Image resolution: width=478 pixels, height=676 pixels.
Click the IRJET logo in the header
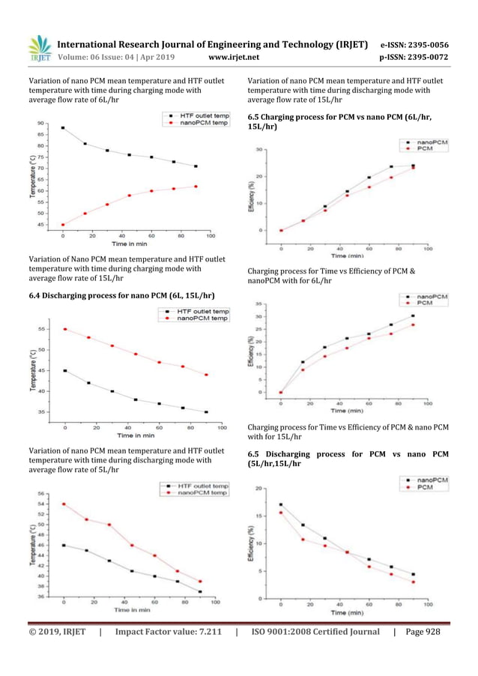coord(39,47)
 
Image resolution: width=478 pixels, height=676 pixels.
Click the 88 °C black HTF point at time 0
coord(63,128)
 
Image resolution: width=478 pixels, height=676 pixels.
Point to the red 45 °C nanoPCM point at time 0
coord(63,225)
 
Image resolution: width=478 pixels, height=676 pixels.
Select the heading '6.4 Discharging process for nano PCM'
coord(121,295)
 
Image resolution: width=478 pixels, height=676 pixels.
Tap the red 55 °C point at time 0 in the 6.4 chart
coord(65,329)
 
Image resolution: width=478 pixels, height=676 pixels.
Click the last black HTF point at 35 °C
coord(206,411)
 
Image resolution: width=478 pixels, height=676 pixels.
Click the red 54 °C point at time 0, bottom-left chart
coord(64,504)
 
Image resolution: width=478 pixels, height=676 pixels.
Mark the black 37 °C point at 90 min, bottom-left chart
coord(199,591)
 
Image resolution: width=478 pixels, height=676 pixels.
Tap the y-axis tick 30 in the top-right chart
coord(259,150)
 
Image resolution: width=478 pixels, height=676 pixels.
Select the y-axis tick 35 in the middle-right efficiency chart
coord(259,304)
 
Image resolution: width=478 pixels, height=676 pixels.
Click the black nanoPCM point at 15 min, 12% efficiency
coord(303,362)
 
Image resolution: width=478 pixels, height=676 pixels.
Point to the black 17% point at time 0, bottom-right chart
coord(281,504)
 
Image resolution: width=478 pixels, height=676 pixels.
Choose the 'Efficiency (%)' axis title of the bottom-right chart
coord(252,543)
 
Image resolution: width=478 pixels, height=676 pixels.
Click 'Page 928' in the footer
coord(423,632)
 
